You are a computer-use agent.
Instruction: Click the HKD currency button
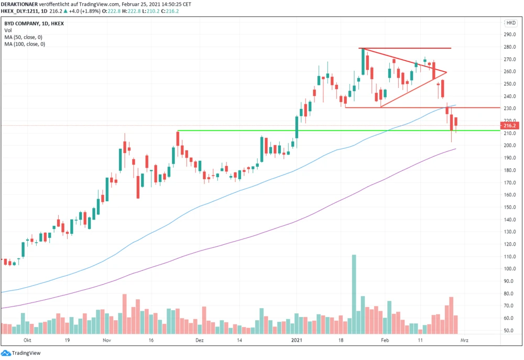[510, 23]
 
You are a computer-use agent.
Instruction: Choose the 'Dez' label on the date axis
[199, 340]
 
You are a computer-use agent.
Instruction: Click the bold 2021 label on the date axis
[297, 340]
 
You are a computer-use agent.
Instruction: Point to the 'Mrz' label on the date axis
[464, 340]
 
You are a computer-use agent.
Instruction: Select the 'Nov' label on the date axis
[108, 340]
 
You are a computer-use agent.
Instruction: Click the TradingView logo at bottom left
[23, 353]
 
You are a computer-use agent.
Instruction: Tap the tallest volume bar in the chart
[354, 293]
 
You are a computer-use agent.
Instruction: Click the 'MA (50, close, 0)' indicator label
[25, 38]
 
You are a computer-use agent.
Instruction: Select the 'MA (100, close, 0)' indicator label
[26, 45]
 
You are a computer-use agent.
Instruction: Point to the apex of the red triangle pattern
[446, 72]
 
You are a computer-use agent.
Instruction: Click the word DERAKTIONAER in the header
[19, 4]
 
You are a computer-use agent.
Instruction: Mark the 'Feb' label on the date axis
[385, 340]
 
